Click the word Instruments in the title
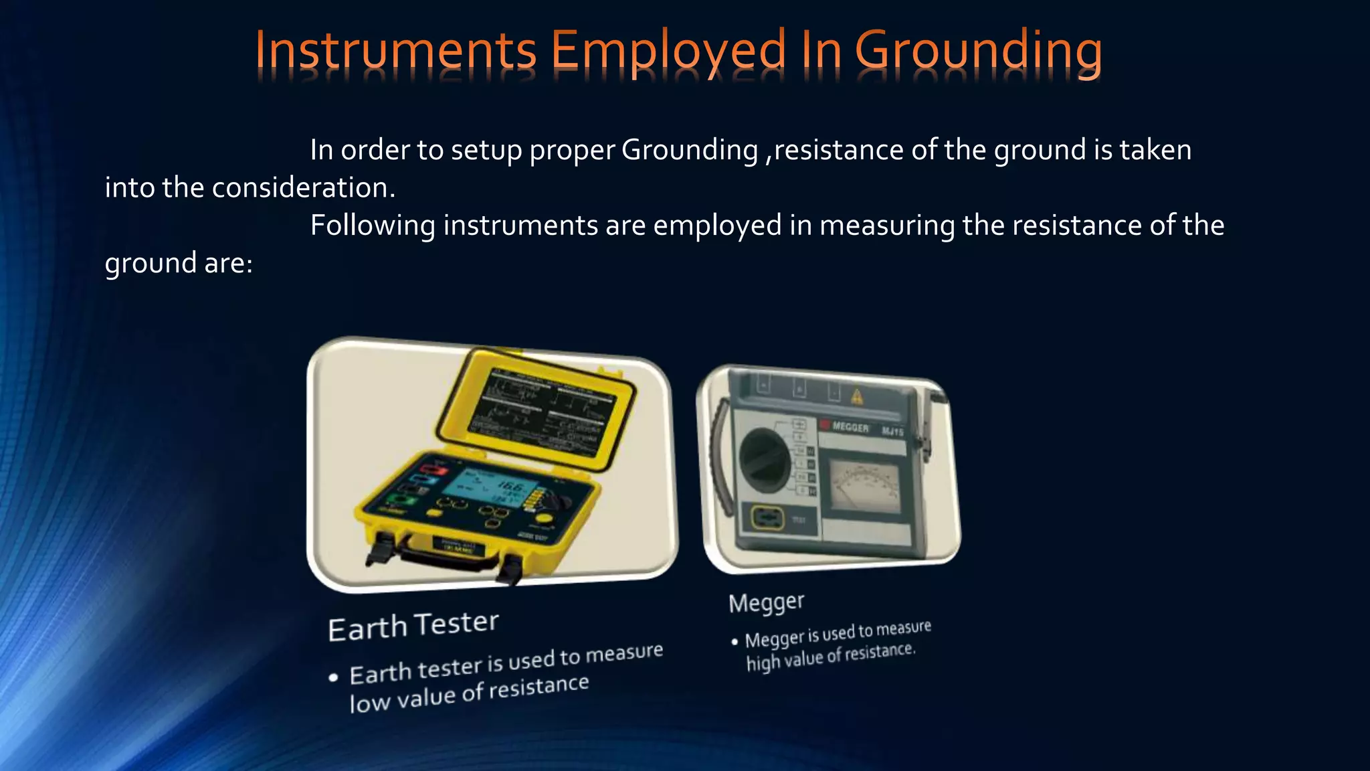tap(395, 51)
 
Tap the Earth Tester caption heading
tap(413, 626)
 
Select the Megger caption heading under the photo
tap(766, 602)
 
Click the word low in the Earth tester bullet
tap(369, 703)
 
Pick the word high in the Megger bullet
tap(762, 663)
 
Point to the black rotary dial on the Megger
tap(764, 461)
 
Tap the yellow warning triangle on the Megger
tap(857, 398)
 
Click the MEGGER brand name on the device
tap(850, 427)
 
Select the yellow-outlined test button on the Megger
tap(769, 517)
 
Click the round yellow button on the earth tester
tap(545, 518)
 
